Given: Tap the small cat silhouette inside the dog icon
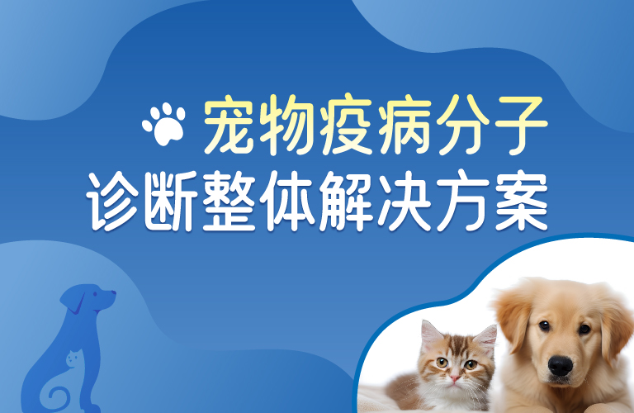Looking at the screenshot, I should coord(72,359).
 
